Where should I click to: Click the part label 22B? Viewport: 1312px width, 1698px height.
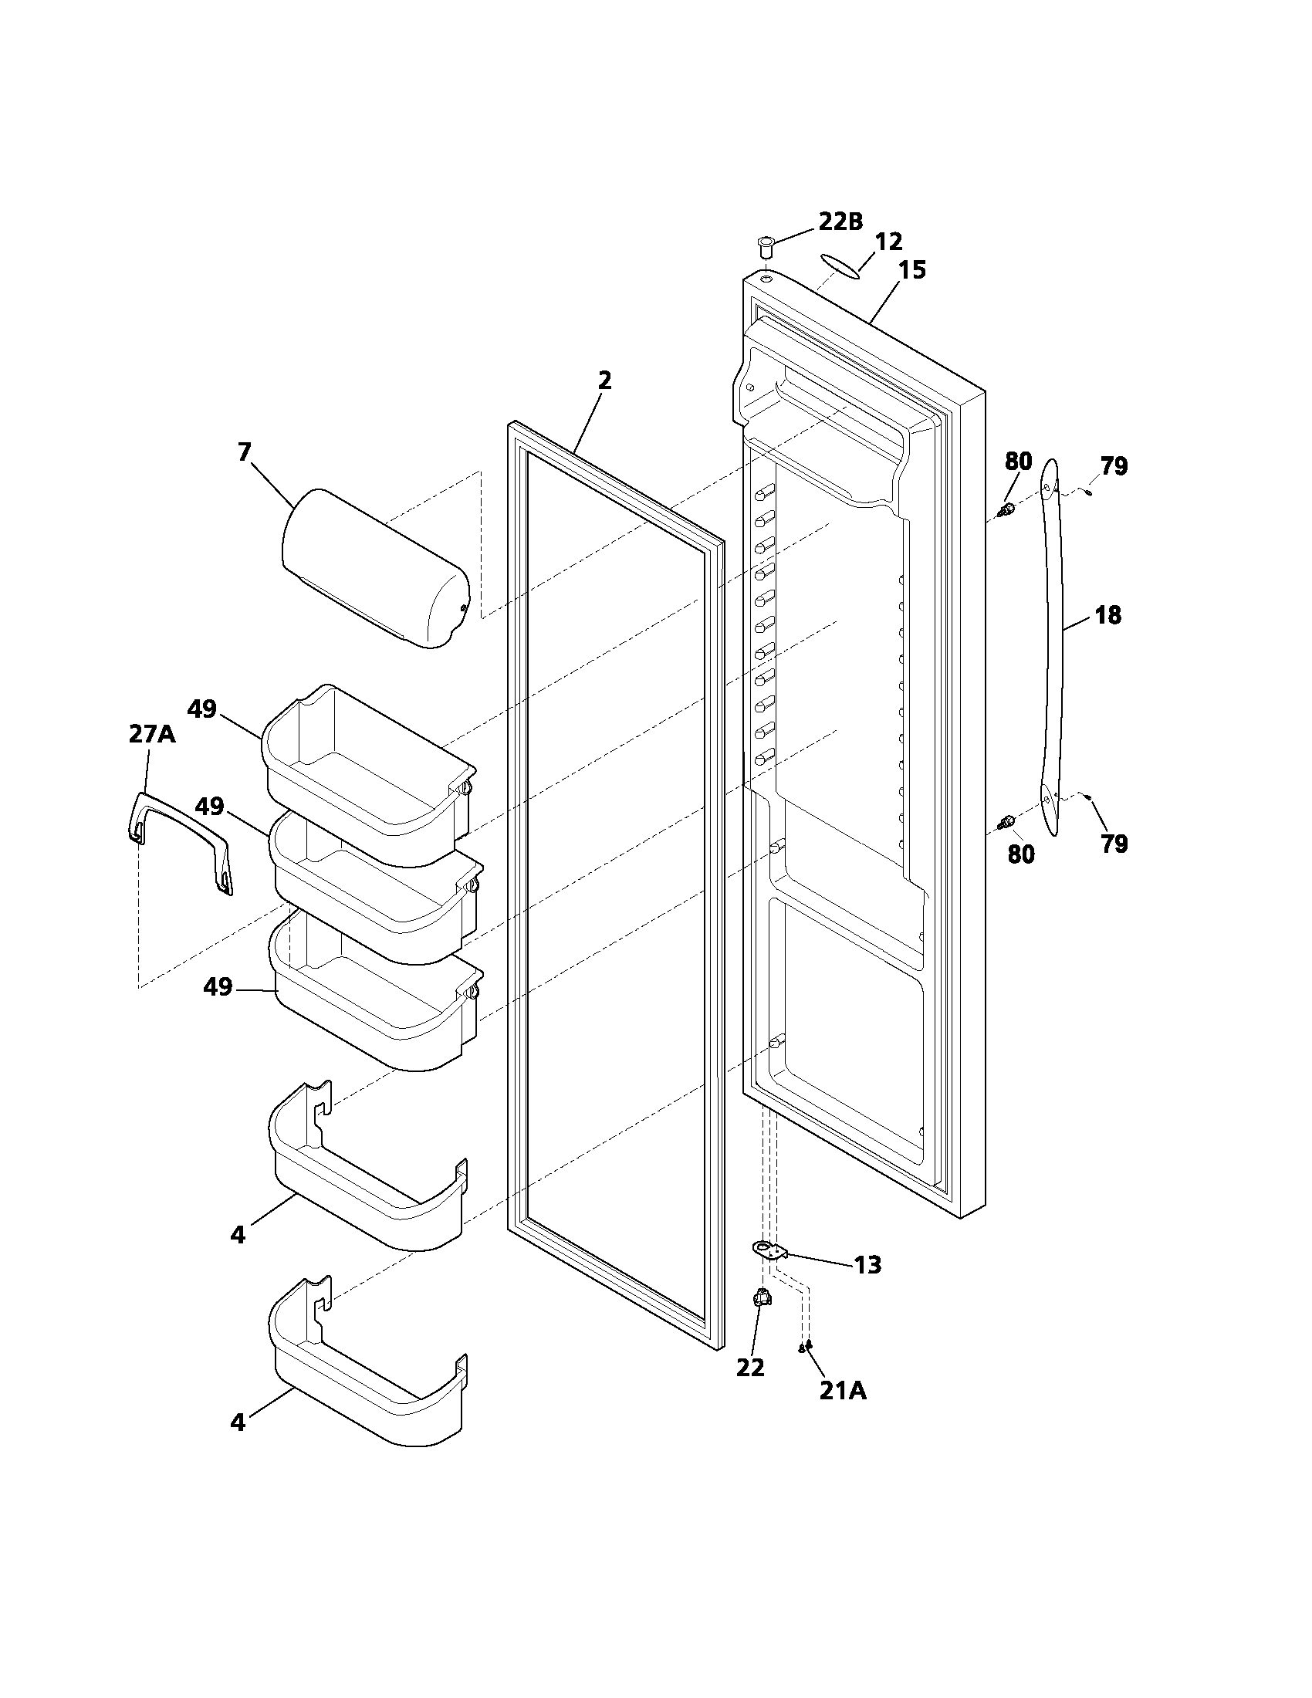pyautogui.click(x=840, y=222)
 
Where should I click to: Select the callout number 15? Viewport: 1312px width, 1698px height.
pyautogui.click(x=912, y=271)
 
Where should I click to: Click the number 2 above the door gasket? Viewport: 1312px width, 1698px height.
pyautogui.click(x=604, y=381)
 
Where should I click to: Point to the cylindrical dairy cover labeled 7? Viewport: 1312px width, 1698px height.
pyautogui.click(x=373, y=569)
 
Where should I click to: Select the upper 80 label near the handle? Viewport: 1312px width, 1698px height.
pyautogui.click(x=1018, y=461)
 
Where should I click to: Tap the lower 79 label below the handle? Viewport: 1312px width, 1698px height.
pyautogui.click(x=1114, y=844)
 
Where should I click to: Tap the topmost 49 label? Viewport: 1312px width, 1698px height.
pyautogui.click(x=202, y=709)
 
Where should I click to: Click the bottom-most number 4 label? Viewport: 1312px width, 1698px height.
pyautogui.click(x=238, y=1422)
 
